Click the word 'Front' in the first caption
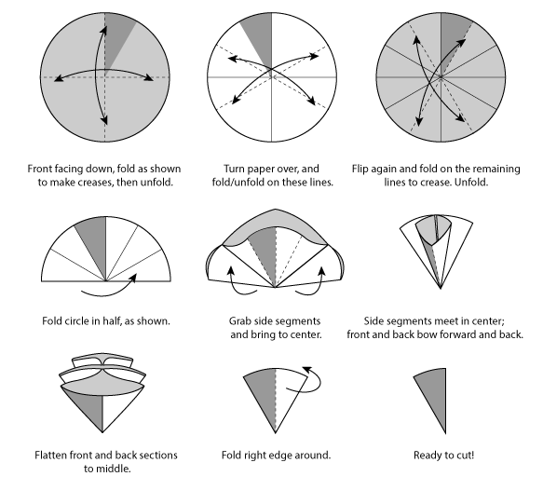coord(37,169)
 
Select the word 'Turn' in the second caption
coord(232,169)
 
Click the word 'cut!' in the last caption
coord(465,455)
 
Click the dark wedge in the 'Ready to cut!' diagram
coord(435,395)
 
